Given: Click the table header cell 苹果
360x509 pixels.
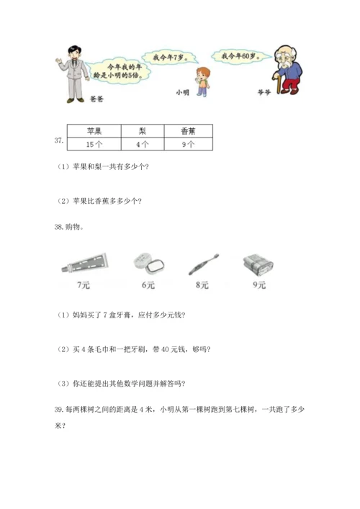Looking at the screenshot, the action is [94, 132].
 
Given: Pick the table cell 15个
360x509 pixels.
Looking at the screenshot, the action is [94, 143].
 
